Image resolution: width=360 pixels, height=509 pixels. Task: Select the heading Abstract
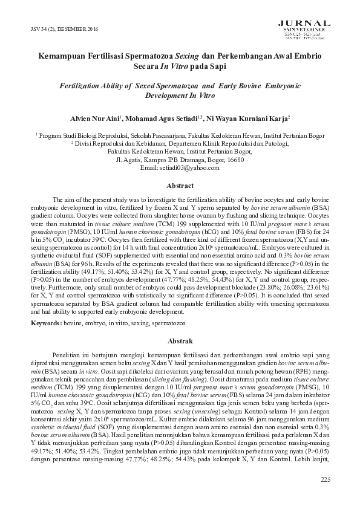180,186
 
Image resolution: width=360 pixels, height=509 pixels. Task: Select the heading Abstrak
179,340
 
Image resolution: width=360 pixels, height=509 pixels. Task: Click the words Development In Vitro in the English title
180,96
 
